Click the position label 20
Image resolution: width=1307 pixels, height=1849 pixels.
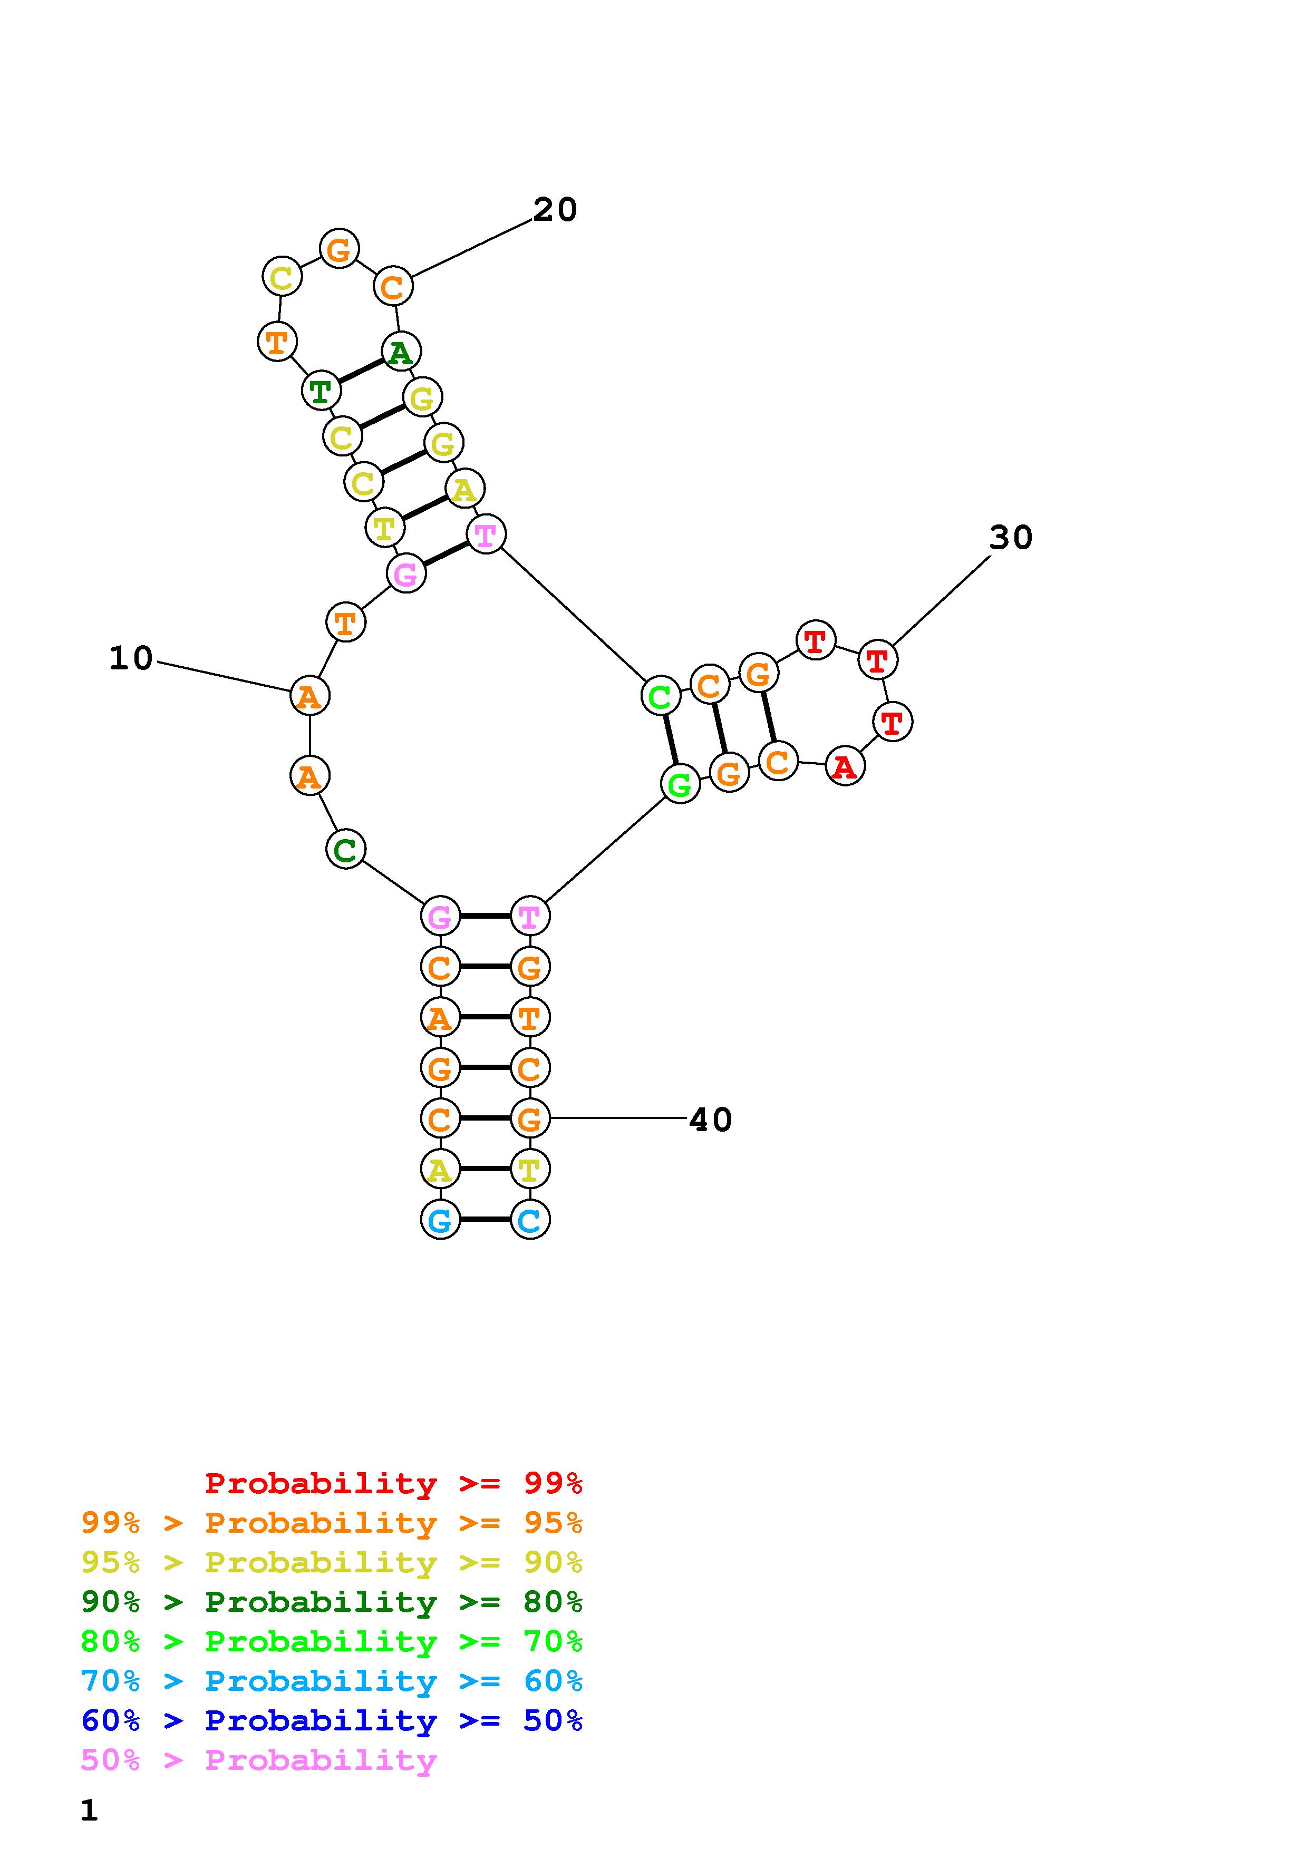(555, 210)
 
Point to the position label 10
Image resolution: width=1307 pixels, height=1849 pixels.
(130, 659)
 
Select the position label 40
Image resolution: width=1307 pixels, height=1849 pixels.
(710, 1120)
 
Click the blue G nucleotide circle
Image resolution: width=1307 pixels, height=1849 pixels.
(440, 1220)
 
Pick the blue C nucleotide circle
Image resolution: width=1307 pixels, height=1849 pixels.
(529, 1220)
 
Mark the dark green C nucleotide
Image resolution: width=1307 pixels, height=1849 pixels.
(345, 849)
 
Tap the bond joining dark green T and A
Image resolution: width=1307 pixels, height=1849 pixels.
(360, 371)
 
